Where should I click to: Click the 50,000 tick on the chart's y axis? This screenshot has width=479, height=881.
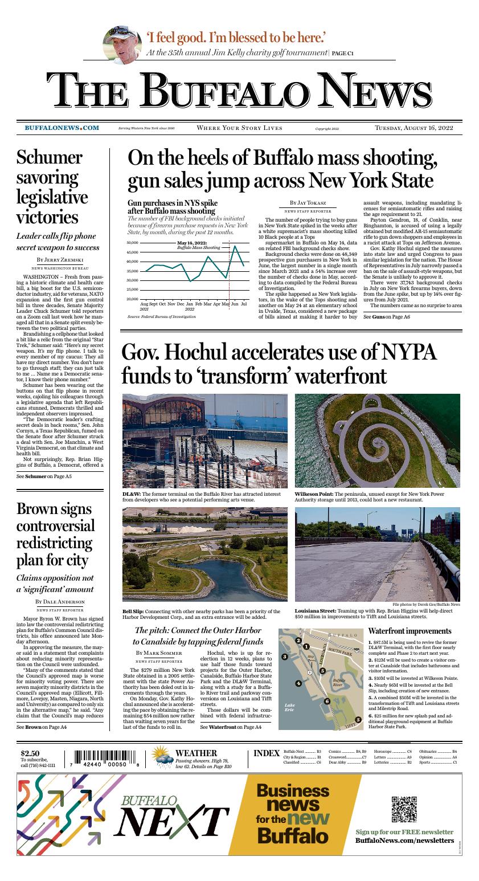coord(132,243)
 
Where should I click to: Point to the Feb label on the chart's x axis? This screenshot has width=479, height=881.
coord(199,305)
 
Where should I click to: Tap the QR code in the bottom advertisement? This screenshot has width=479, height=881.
coord(404,807)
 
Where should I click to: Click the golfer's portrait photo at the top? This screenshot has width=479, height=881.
coord(121,45)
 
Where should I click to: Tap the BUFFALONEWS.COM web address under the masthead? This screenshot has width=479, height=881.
coord(62,128)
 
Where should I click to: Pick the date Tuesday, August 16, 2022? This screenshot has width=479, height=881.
coord(414,128)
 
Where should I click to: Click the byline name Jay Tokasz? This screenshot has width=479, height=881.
coord(308,203)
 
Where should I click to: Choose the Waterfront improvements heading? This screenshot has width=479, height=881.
coord(410,631)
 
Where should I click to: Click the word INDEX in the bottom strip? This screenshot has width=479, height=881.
coord(266,753)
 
